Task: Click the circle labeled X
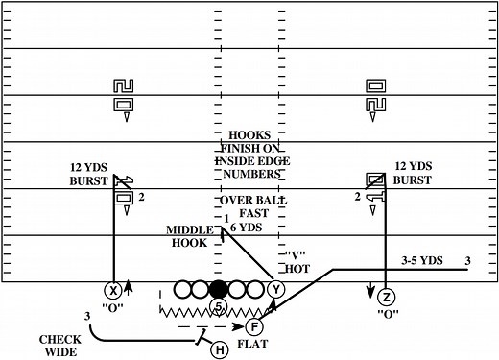click(x=113, y=289)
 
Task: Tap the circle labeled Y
click(x=277, y=289)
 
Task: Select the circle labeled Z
click(x=386, y=297)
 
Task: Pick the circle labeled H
click(x=219, y=348)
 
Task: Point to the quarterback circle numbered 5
click(x=219, y=307)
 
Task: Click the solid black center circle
click(x=219, y=289)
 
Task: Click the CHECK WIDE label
click(x=59, y=346)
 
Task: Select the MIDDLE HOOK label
click(x=188, y=237)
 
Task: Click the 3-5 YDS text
click(x=418, y=260)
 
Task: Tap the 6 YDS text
click(x=249, y=228)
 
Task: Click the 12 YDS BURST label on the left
click(x=88, y=173)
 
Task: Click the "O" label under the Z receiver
click(x=388, y=314)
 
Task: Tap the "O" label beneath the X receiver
click(x=113, y=307)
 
